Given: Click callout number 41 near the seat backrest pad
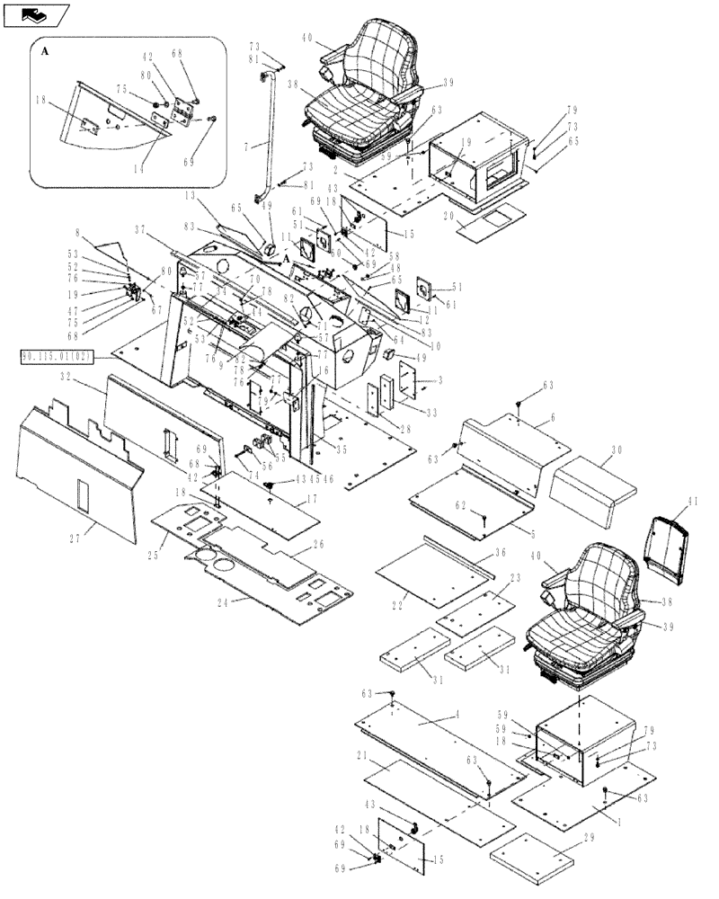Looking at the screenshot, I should click(692, 512).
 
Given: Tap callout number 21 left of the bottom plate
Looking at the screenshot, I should click(360, 756).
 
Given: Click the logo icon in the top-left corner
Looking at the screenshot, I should click(37, 14).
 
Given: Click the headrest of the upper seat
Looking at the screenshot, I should click(385, 42).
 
